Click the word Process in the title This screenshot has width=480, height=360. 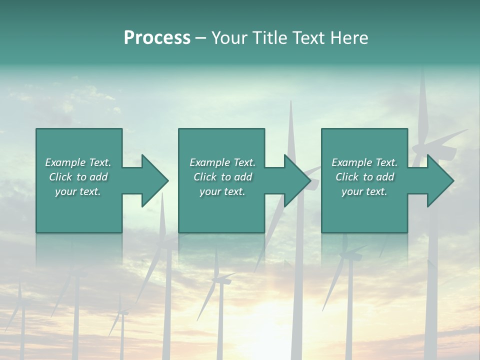(157, 38)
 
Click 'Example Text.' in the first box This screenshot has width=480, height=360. (78, 162)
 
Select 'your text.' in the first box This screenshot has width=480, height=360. (78, 191)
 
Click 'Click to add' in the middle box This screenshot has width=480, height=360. (222, 177)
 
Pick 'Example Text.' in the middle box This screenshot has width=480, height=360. (222, 162)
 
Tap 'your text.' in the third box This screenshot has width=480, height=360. (364, 191)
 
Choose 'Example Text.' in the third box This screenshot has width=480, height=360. (364, 162)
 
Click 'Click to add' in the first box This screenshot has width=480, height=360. (78, 177)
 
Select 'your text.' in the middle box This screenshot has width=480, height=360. (222, 191)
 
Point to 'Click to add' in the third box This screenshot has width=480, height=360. (364, 177)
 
